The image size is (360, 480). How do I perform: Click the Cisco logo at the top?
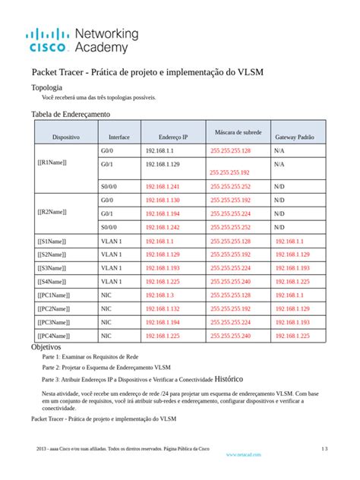click(x=48, y=40)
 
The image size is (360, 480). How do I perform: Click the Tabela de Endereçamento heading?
click(x=70, y=114)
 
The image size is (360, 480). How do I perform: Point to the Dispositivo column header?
click(x=66, y=137)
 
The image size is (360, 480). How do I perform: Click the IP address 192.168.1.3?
click(x=159, y=295)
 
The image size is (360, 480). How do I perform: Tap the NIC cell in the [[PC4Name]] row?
click(x=106, y=336)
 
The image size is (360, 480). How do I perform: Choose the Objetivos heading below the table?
click(x=46, y=347)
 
